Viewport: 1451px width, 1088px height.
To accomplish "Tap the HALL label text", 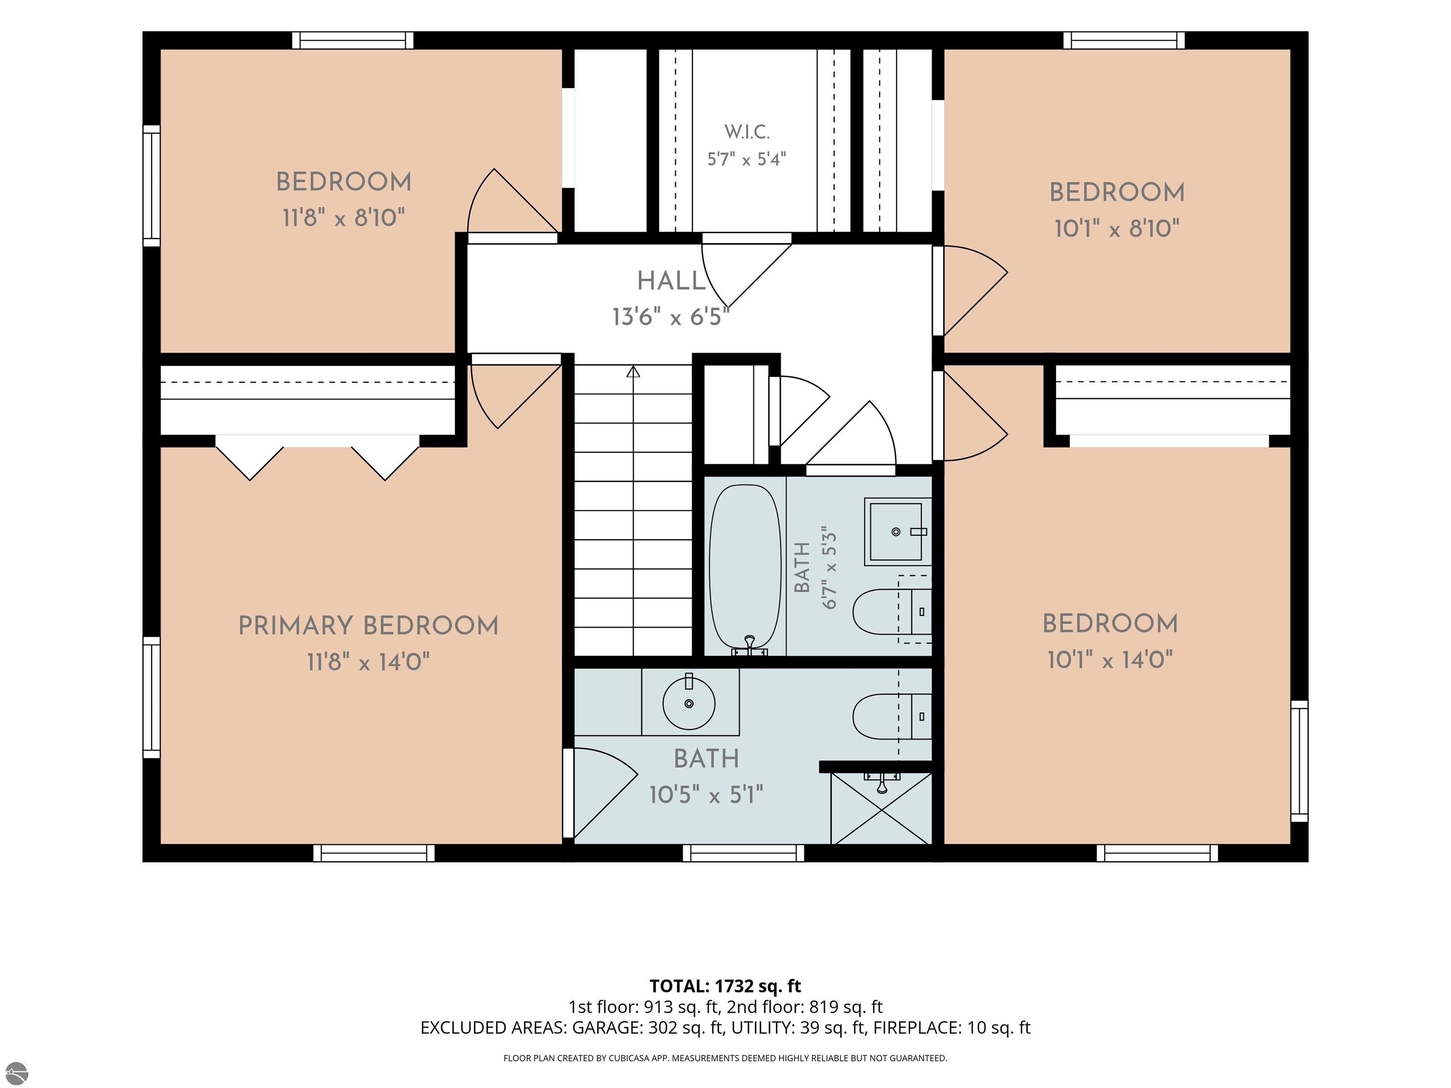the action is pos(671,281).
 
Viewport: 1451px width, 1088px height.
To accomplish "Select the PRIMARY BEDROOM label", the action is pos(368,626).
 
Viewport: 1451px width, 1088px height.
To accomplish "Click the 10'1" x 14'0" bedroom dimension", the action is pos(1110,659).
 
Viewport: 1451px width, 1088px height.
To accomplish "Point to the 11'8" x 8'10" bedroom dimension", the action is pos(344,217).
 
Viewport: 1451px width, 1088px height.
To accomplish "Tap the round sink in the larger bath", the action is pos(689,703).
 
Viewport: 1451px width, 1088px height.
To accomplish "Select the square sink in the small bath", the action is pos(896,531).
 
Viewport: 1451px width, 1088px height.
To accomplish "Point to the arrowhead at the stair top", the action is pos(633,372).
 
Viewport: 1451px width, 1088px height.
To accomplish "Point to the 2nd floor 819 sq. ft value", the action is pos(805,1007).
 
